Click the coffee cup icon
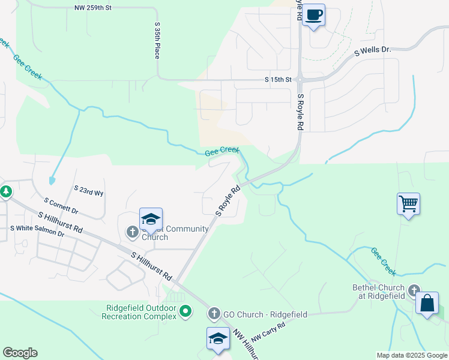[313, 14]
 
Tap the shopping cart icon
[408, 203]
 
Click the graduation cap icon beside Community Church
[151, 218]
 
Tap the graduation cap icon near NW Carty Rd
[218, 338]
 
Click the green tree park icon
[6, 192]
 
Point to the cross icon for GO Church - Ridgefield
[214, 314]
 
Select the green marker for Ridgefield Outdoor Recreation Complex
[186, 311]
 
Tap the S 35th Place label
[157, 41]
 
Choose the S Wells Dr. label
[372, 51]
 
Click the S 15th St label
[278, 79]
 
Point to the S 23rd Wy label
[89, 190]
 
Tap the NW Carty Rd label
[268, 332]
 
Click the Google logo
[20, 353]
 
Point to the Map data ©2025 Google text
[411, 355]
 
